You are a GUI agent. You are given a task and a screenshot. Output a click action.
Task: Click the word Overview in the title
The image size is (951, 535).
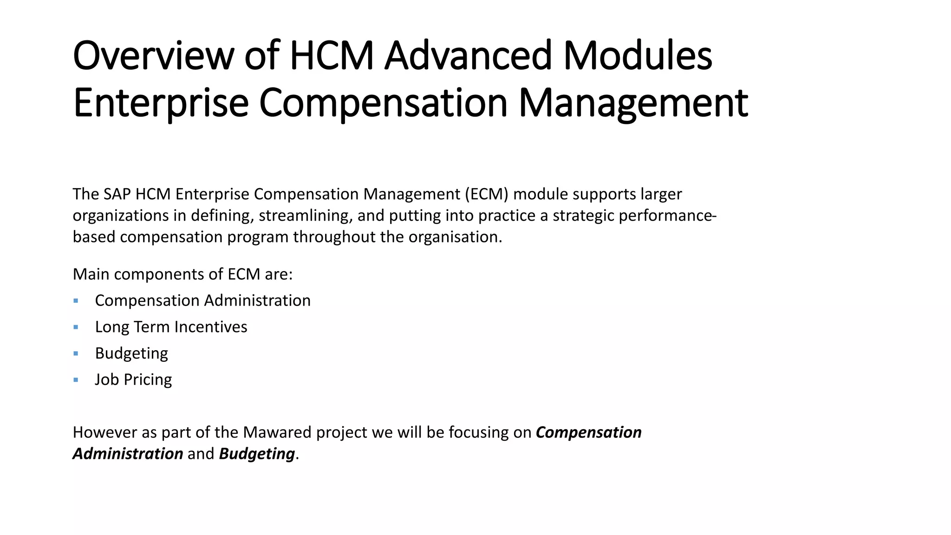[x=153, y=56]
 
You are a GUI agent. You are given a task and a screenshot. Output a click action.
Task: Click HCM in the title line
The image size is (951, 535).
[x=332, y=56]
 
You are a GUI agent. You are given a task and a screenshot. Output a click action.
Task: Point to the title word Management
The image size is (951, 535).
[x=633, y=103]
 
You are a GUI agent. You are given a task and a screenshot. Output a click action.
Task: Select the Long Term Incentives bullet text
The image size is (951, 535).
[x=171, y=327]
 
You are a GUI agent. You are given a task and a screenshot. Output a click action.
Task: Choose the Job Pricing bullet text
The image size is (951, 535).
[x=133, y=380]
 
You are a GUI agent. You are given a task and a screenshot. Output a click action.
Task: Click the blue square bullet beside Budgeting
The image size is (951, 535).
[x=76, y=353]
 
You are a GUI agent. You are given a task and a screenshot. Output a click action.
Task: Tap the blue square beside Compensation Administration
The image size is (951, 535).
[x=76, y=301]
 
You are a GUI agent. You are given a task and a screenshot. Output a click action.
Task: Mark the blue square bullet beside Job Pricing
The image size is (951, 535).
[x=76, y=380]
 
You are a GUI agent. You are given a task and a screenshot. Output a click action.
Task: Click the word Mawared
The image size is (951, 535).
[x=277, y=432]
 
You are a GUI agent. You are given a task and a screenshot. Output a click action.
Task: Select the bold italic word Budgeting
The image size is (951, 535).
[x=257, y=454]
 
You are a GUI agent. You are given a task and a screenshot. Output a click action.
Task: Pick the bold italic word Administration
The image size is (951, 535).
[x=128, y=454]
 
